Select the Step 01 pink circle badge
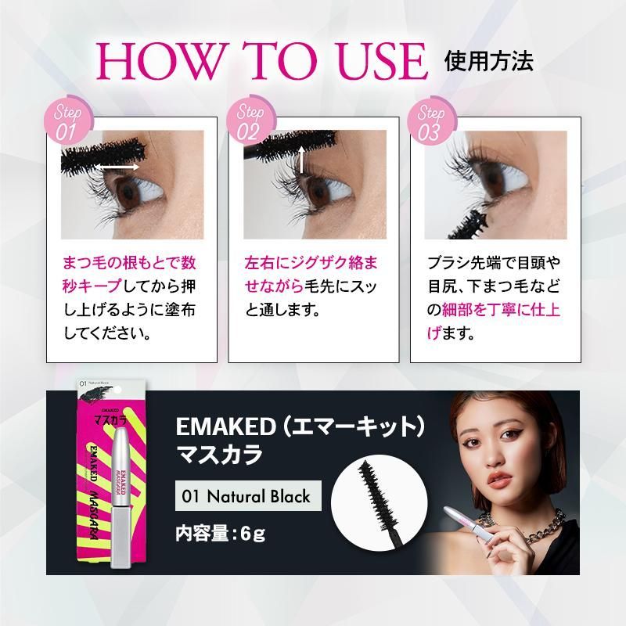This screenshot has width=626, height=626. point(67,122)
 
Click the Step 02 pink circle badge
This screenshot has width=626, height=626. point(248,122)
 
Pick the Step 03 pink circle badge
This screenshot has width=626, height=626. point(429,122)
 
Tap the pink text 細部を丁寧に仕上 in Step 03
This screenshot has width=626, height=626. point(502,310)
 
